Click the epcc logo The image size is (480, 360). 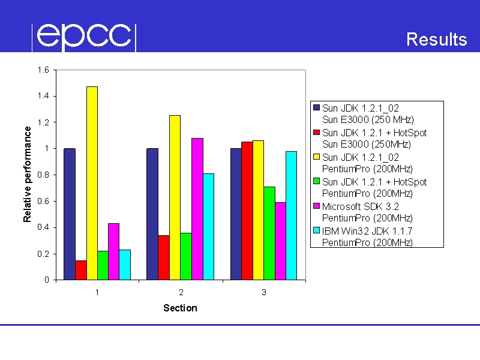[84, 37]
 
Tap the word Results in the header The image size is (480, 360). [437, 39]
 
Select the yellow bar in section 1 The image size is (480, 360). [92, 183]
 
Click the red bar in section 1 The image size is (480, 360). [81, 270]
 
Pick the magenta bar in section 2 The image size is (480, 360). [197, 209]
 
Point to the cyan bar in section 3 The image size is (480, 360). [292, 215]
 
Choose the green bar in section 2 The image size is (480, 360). [186, 256]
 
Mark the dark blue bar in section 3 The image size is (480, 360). [236, 214]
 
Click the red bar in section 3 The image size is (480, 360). [247, 211]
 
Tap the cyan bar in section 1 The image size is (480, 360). [125, 265]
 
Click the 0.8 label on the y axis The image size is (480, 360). [43, 175]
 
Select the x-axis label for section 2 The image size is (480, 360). [181, 292]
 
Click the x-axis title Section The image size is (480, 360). [181, 308]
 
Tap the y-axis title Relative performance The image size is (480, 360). [27, 174]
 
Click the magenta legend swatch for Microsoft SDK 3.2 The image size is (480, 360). [317, 206]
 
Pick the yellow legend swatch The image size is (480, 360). [317, 157]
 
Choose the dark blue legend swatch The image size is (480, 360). [317, 107]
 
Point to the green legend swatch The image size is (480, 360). [317, 181]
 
